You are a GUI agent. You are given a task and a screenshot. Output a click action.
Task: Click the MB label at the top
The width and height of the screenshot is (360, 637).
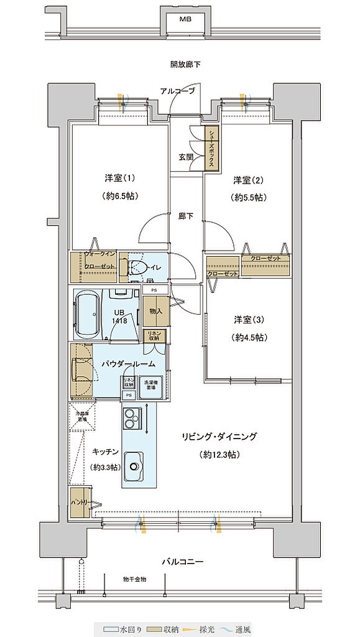click(x=185, y=19)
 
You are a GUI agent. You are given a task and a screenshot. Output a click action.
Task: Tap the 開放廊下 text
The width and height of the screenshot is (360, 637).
click(x=185, y=65)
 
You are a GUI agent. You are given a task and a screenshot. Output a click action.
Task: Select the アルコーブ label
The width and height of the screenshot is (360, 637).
click(x=177, y=91)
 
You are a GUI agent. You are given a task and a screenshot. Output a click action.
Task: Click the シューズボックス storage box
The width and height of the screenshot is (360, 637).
click(x=213, y=149)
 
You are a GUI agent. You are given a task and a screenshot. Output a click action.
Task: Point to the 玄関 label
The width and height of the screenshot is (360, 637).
click(x=185, y=158)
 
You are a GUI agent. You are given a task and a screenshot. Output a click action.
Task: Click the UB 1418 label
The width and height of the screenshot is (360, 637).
click(x=121, y=317)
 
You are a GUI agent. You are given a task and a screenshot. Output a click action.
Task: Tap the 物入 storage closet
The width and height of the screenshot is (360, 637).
click(x=155, y=310)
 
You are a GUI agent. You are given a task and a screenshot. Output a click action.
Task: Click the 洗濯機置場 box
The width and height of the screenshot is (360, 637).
click(x=150, y=384)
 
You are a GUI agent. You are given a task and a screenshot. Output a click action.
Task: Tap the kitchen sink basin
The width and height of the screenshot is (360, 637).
click(x=134, y=464)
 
